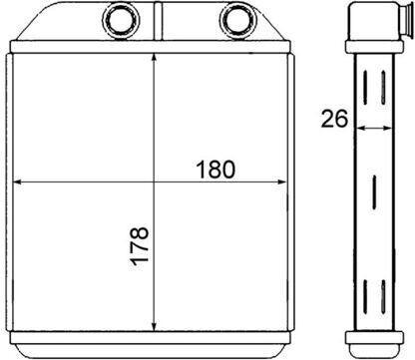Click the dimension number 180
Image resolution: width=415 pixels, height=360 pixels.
[215, 170]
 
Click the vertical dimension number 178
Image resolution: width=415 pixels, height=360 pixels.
[140, 246]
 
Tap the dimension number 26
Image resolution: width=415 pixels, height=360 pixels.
[334, 119]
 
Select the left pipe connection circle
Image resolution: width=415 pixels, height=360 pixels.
[121, 20]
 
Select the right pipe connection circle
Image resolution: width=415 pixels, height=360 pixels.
[238, 20]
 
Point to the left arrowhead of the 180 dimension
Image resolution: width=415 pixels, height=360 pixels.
[17, 181]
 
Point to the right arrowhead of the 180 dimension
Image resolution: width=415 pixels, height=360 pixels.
[282, 181]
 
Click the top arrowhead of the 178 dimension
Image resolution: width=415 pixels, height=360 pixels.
[154, 58]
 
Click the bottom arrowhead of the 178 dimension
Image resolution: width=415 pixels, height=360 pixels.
[154, 327]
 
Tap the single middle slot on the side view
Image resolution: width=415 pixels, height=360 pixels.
[374, 192]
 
